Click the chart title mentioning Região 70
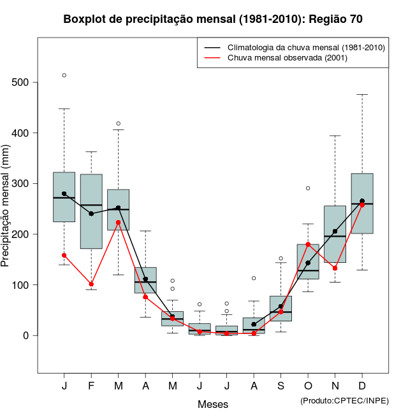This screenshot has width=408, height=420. point(213,19)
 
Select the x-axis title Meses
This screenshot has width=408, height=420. point(213,404)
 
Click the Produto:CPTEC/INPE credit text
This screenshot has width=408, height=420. point(344,400)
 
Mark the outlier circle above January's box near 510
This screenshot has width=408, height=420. point(64,75)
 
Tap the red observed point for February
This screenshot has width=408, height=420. point(91,284)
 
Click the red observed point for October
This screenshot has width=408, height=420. point(308,244)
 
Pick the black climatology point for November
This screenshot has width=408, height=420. point(335,232)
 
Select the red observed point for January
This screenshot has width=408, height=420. point(64,255)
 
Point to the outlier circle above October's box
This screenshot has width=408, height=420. point(308,188)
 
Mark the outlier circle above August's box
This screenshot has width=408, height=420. point(254,278)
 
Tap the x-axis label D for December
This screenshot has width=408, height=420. point(362,386)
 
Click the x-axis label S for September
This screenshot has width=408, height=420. point(281,386)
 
